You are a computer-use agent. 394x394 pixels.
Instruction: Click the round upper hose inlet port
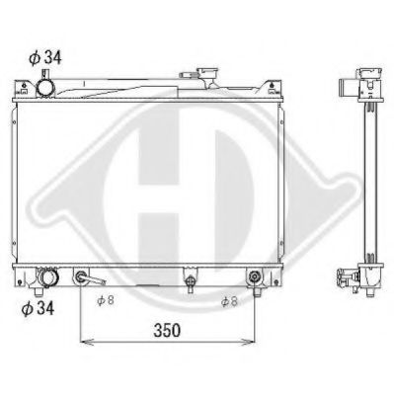pyautogui.click(x=47, y=89)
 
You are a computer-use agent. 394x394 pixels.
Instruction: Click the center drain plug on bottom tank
pyautogui.click(x=189, y=282)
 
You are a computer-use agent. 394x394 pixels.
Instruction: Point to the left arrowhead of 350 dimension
pyautogui.click(x=83, y=341)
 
